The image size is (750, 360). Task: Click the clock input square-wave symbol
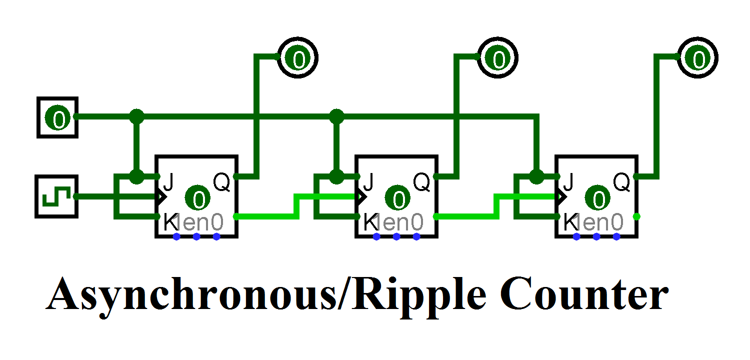pos(56,196)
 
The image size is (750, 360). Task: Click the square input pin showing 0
pos(57,117)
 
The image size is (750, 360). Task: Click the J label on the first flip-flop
pos(168,182)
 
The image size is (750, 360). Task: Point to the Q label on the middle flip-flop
pos(421,182)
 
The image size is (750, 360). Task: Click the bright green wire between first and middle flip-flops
pos(270,216)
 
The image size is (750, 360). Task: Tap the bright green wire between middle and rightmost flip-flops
pos(470,216)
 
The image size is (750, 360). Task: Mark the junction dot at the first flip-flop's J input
pos(136,176)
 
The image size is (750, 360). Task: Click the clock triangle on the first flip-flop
pos(160,196)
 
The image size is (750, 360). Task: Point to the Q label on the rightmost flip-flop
pos(621,182)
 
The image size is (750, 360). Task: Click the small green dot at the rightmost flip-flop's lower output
pos(636,216)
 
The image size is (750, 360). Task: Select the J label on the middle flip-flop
pos(368,182)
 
